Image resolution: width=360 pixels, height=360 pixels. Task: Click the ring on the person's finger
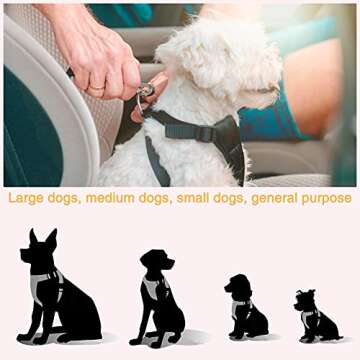(x=93, y=88)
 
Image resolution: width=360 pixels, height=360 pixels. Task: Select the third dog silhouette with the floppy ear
(x=243, y=306)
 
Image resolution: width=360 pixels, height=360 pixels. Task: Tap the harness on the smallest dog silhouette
(x=312, y=318)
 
